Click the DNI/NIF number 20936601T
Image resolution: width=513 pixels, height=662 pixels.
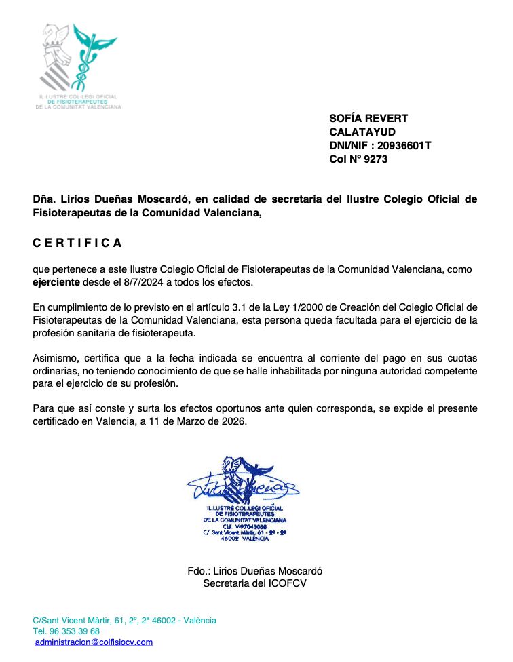404,146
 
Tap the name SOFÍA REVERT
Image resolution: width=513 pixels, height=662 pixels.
368,119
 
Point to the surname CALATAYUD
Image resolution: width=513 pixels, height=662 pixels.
362,132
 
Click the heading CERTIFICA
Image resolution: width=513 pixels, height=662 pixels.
78,243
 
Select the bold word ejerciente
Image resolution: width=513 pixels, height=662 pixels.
56,281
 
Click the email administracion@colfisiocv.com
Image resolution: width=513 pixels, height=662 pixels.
94,642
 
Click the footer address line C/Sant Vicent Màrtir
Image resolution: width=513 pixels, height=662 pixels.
124,620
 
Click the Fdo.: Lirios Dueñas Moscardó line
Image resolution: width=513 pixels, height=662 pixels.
254,571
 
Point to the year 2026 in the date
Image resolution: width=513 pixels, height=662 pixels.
235,421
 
